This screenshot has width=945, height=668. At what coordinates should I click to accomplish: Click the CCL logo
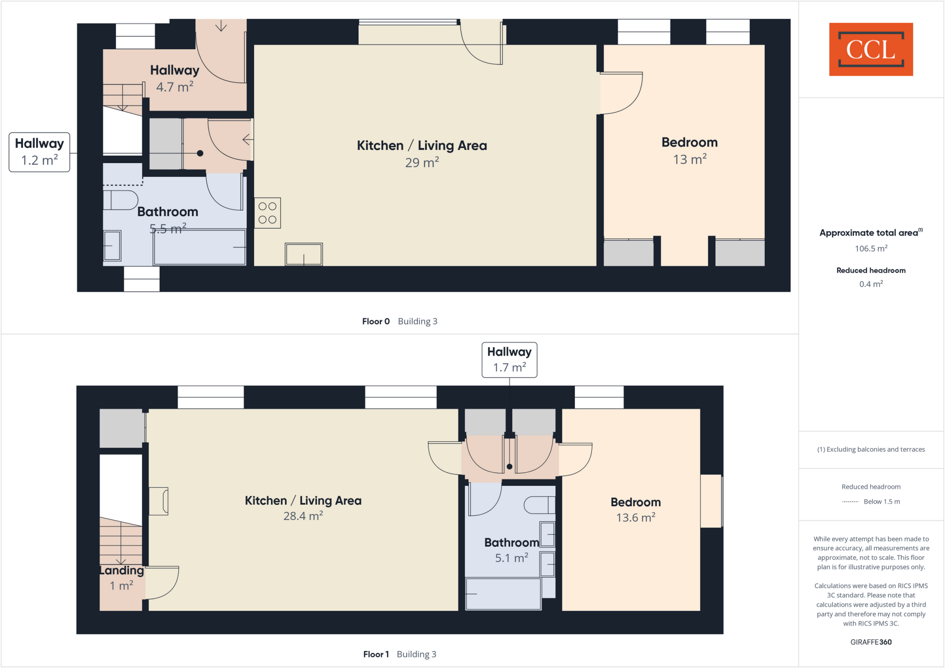(x=871, y=49)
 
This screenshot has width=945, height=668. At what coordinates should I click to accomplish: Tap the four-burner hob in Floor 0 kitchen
(x=268, y=213)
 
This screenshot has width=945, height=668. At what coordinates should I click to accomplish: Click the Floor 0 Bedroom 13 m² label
(x=689, y=150)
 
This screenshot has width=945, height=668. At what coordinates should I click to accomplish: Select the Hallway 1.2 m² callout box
(x=40, y=152)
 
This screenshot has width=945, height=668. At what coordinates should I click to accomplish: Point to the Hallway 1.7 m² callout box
(x=509, y=360)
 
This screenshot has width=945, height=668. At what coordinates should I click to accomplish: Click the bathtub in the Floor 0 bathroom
(x=199, y=248)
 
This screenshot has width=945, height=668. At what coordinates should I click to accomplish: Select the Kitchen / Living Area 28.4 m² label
(x=303, y=508)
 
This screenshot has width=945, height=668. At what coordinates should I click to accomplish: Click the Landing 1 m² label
(x=122, y=578)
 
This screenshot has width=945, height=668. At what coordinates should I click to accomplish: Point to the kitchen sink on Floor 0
(x=304, y=254)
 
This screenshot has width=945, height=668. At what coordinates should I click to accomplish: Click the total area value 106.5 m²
(x=871, y=248)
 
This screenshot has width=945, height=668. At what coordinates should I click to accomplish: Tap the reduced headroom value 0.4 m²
(x=871, y=284)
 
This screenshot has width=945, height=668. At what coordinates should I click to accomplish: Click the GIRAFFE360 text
(x=871, y=642)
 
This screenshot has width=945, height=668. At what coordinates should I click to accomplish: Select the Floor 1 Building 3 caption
(x=400, y=654)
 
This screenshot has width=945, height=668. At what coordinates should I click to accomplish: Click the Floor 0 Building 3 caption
(x=400, y=321)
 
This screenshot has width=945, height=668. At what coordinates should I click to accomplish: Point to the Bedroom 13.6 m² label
(x=635, y=509)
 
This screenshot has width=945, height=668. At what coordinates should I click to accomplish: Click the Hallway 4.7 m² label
(x=174, y=78)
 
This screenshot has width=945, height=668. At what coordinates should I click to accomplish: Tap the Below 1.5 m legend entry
(x=871, y=502)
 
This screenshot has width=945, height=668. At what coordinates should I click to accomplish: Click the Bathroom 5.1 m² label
(x=511, y=550)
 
